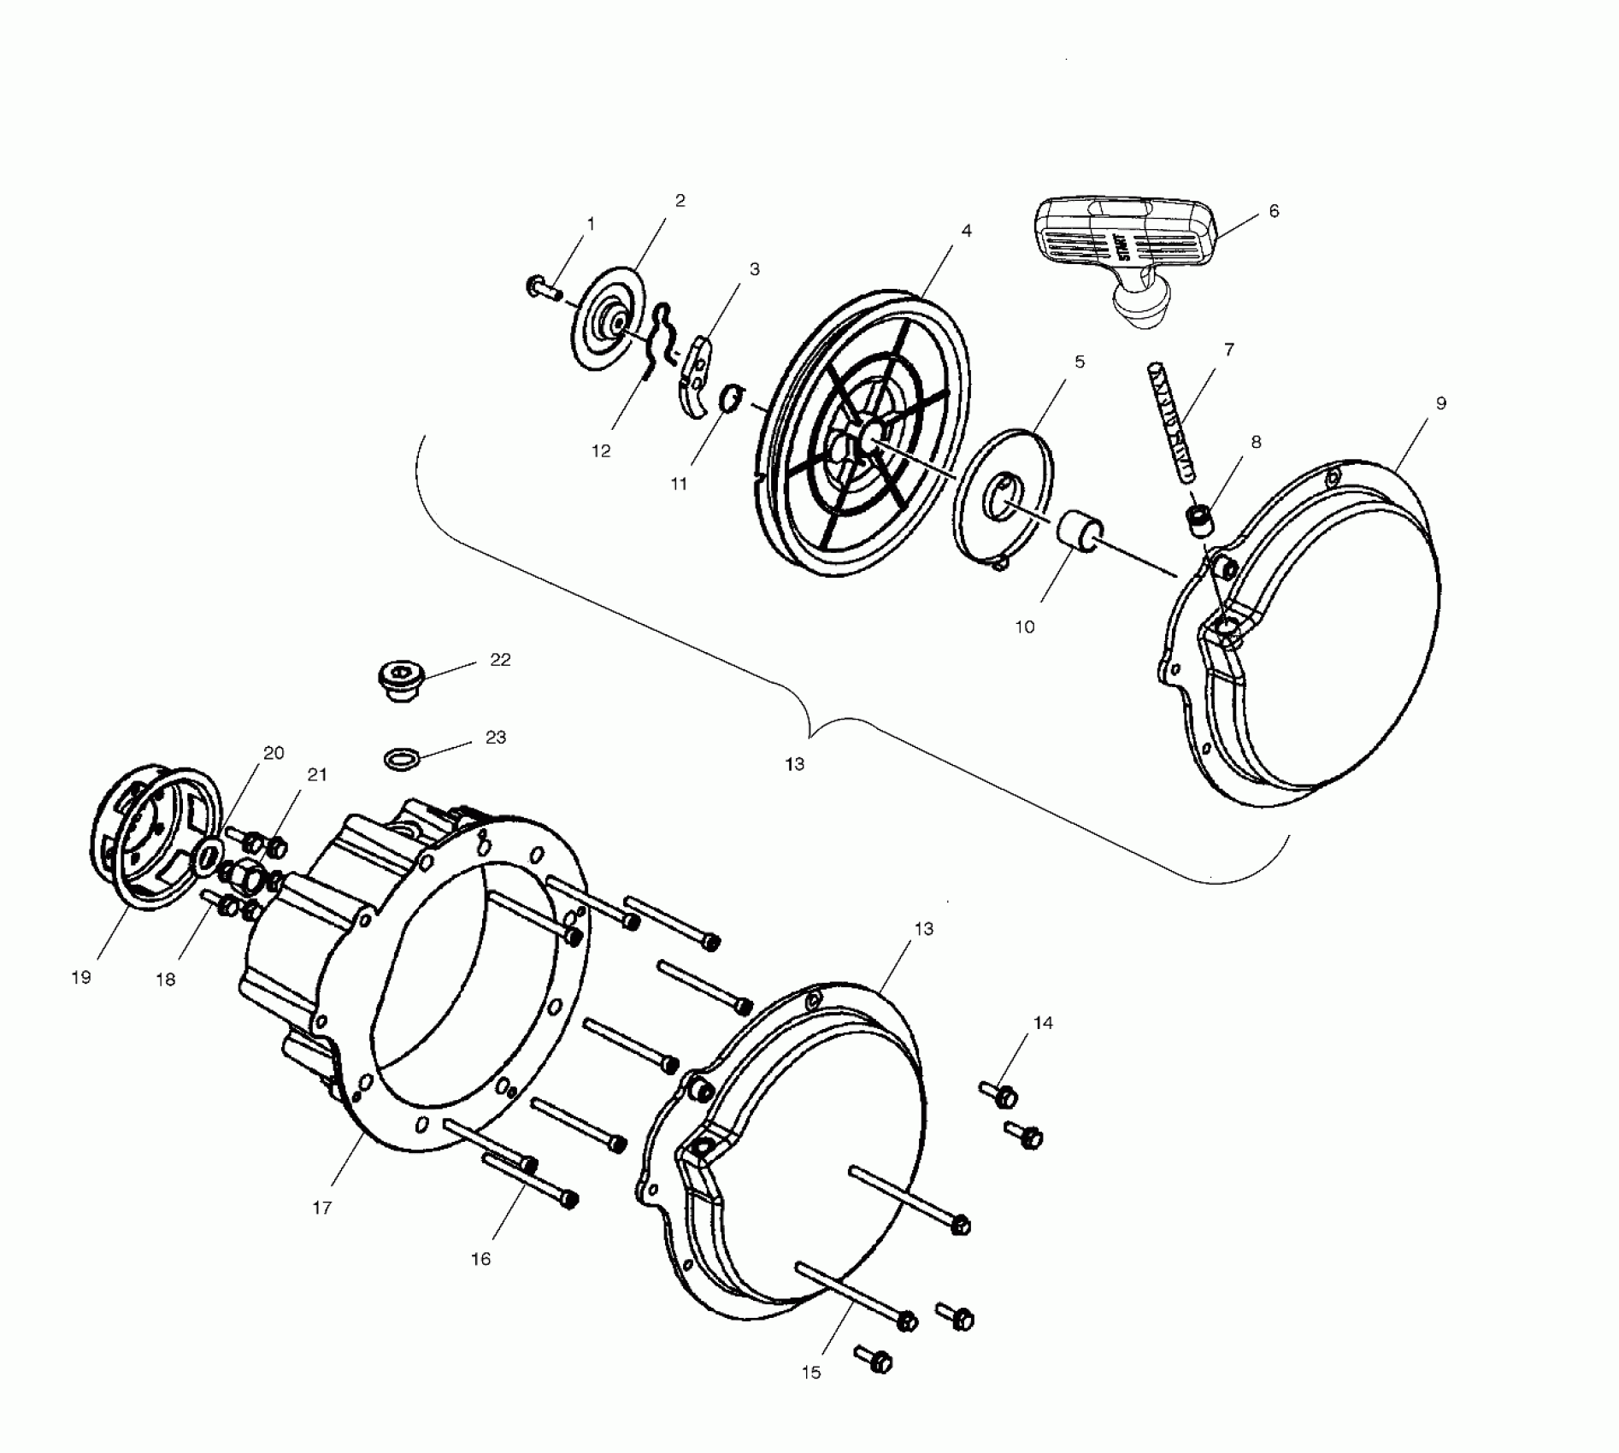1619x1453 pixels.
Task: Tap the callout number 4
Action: coord(966,231)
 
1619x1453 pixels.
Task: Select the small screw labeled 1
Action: coord(542,287)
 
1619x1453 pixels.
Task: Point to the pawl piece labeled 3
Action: coord(696,376)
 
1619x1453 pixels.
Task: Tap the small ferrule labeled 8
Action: coord(1200,520)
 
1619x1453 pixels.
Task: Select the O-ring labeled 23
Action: coord(401,758)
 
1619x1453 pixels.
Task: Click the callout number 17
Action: coord(322,1208)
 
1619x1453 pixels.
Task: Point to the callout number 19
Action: coord(81,978)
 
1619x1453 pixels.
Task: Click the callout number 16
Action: coord(481,1259)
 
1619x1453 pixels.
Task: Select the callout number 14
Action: coord(1043,1023)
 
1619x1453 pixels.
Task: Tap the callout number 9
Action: coord(1441,403)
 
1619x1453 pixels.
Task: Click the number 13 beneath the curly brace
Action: coord(795,764)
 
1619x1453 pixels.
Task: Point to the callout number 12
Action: coord(601,450)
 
